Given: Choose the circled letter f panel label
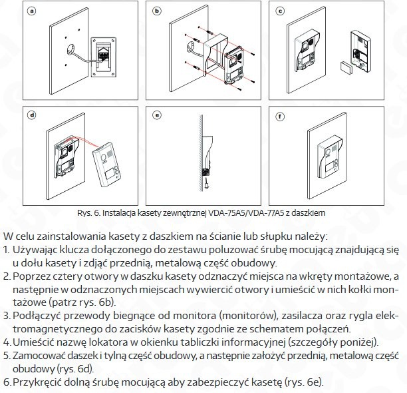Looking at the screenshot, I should point(281,115).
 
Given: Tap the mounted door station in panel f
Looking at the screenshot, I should point(329,159).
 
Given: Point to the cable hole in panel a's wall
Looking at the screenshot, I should point(70,49).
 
